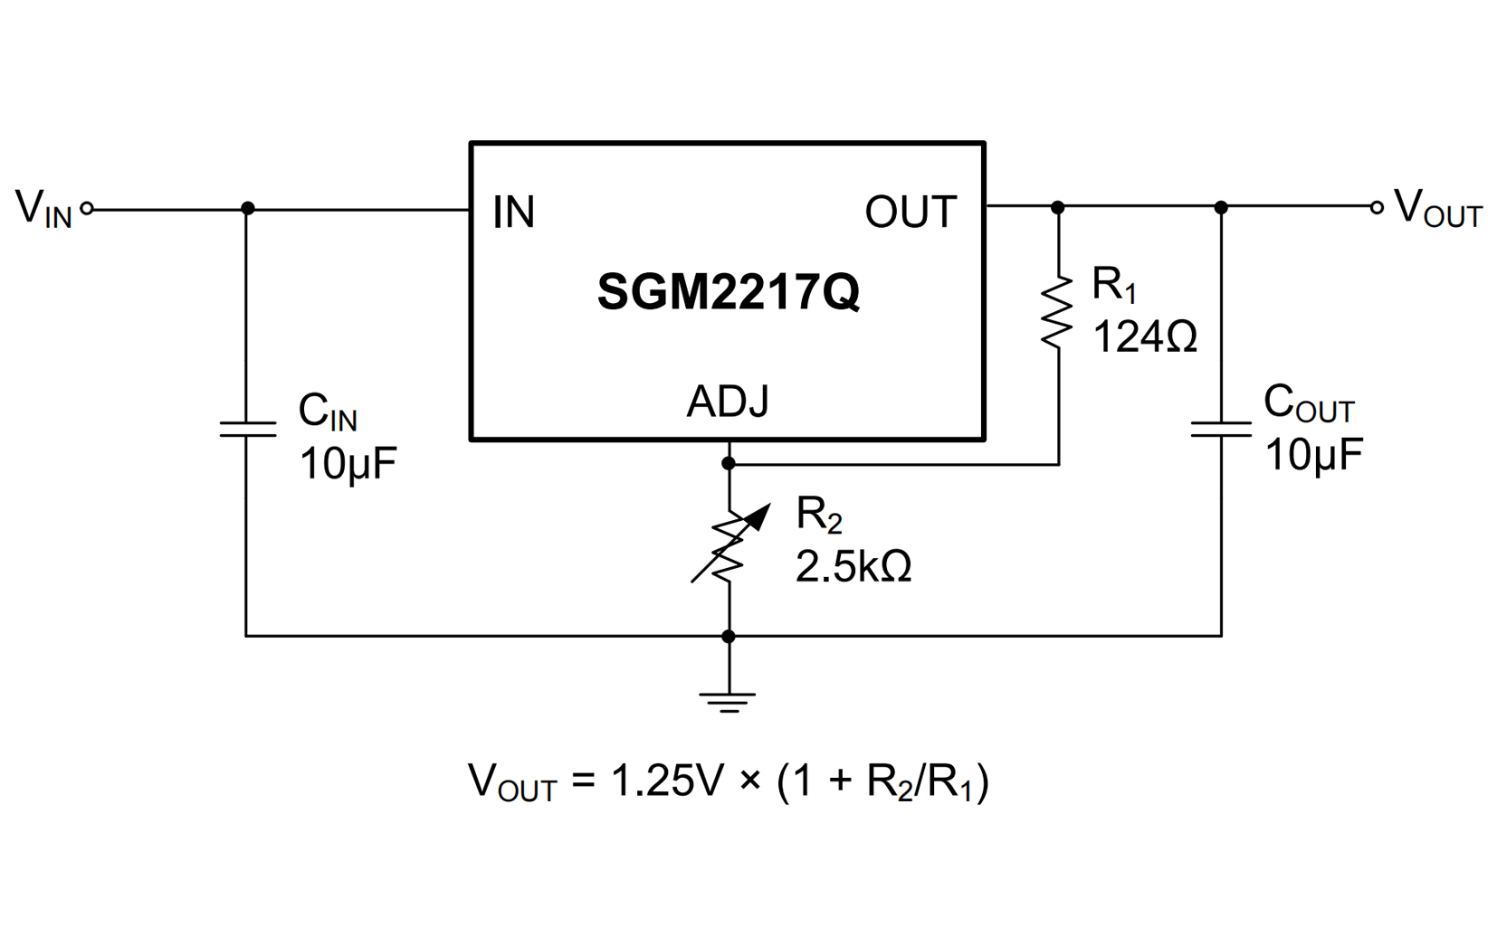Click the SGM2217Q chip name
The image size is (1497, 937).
(728, 292)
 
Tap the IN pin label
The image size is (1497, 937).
(513, 213)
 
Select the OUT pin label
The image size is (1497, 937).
(910, 213)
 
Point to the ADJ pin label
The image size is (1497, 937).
(728, 402)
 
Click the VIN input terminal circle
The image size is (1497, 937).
(87, 209)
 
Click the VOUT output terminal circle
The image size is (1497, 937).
(1376, 208)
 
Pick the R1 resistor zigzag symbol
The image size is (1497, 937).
(1057, 313)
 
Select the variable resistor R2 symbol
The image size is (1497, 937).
(729, 548)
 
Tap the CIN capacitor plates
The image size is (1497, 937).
(247, 429)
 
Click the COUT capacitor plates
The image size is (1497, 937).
(1221, 429)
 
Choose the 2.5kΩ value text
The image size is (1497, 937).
(853, 567)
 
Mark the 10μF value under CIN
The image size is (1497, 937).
(348, 464)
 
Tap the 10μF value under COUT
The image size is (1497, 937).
(1313, 455)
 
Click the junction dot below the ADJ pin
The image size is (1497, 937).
(729, 464)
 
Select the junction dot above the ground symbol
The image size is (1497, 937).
(729, 637)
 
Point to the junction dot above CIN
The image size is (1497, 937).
(247, 209)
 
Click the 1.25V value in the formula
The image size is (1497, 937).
(668, 781)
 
